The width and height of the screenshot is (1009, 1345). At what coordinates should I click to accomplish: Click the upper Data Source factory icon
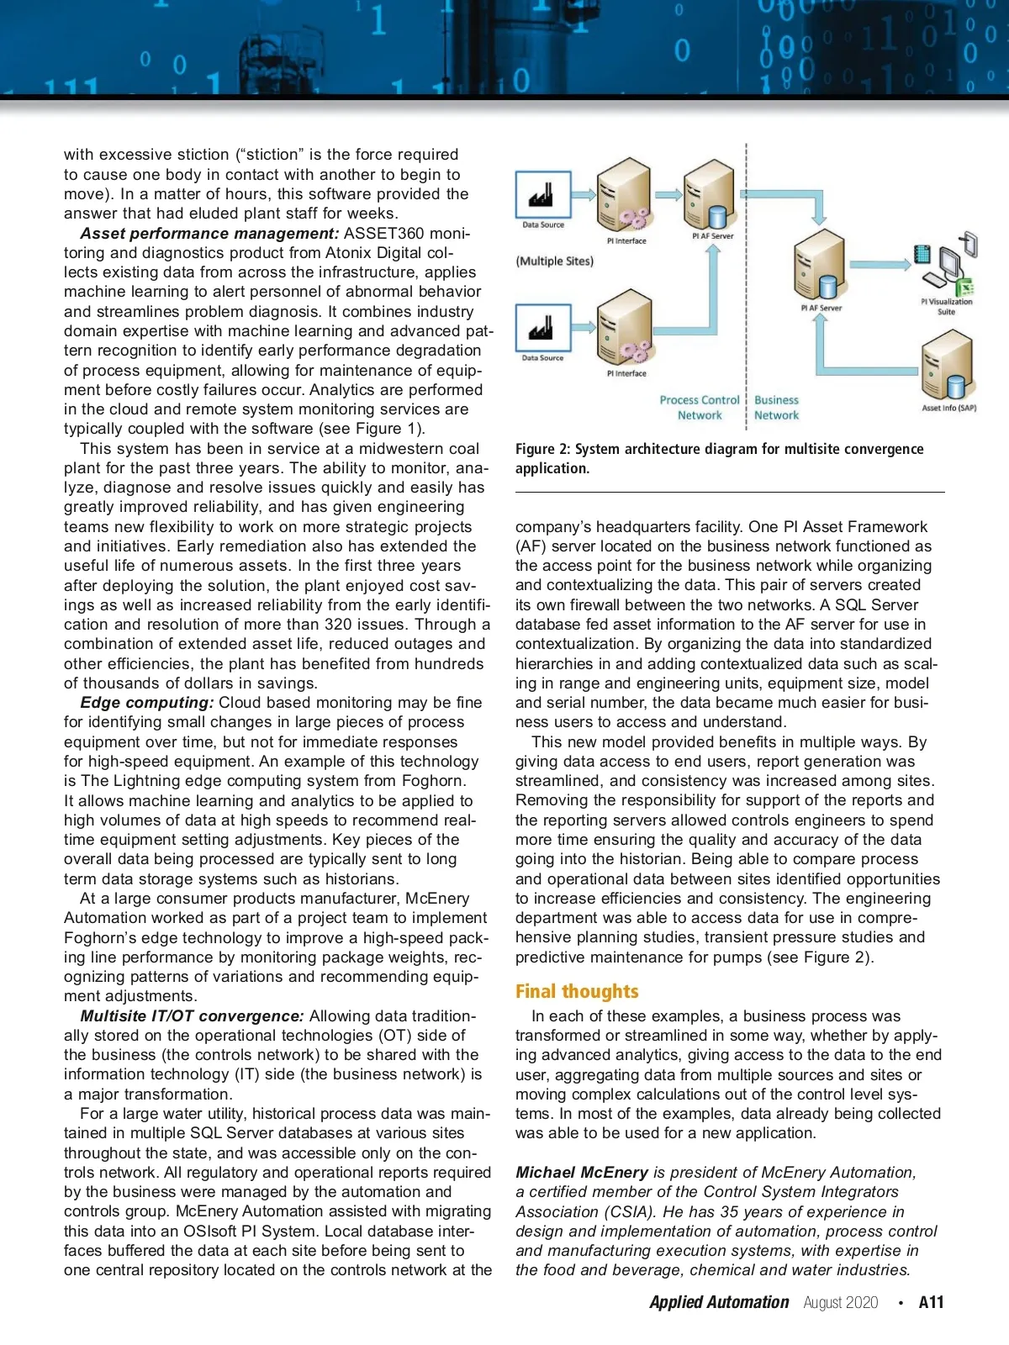[543, 194]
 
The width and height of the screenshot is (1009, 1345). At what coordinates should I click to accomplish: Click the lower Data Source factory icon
[543, 328]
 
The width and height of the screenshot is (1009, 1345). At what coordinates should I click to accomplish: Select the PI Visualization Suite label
[946, 306]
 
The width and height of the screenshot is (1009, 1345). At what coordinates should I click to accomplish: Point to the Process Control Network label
[700, 408]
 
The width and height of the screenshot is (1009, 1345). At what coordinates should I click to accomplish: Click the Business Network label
[776, 408]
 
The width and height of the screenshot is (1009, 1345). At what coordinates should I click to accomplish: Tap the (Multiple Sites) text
[555, 261]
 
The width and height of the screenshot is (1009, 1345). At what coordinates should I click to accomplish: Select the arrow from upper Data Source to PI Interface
[584, 195]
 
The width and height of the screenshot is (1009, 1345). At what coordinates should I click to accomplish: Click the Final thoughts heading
[577, 992]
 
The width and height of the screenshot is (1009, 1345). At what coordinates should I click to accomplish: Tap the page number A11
[931, 1302]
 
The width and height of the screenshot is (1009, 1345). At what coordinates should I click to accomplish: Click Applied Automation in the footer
[719, 1302]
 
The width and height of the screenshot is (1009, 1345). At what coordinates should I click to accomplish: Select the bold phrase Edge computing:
[147, 703]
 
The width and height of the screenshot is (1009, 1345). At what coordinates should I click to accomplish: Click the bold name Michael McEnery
[582, 1173]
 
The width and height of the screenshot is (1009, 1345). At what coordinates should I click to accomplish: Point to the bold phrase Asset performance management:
[209, 234]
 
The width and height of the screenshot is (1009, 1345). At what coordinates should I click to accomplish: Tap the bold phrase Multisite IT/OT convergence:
[193, 1016]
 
